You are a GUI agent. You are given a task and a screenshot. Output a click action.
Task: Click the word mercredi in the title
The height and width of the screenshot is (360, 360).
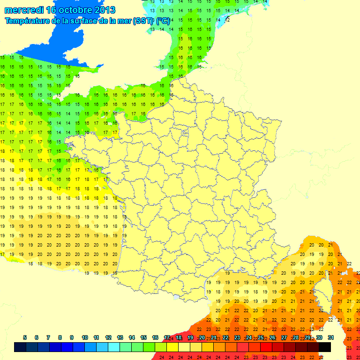click(22, 10)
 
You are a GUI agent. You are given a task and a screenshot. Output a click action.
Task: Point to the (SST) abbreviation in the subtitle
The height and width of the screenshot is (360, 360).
click(141, 21)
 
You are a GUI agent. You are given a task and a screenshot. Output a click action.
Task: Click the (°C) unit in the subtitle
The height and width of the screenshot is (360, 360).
click(163, 21)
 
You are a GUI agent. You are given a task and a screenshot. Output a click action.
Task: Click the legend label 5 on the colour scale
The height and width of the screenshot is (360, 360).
click(24, 337)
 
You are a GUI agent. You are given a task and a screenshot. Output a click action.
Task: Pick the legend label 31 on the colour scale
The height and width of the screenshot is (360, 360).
click(330, 337)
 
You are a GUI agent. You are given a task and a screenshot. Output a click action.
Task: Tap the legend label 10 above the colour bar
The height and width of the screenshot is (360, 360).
click(85, 337)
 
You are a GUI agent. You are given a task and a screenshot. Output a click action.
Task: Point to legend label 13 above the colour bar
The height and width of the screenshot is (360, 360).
click(120, 337)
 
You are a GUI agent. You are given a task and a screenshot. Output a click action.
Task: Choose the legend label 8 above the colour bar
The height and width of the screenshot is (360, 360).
click(60, 337)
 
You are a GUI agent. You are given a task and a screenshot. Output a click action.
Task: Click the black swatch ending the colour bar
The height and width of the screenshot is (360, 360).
click(325, 347)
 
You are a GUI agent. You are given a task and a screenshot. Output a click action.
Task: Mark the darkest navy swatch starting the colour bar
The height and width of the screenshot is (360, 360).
click(20, 347)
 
